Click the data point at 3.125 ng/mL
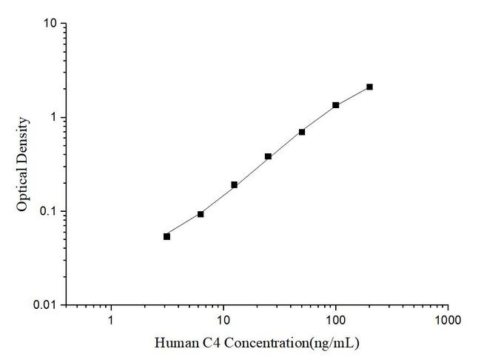pyautogui.click(x=166, y=236)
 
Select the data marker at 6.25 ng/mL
pyautogui.click(x=201, y=214)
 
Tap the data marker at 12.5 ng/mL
pyautogui.click(x=234, y=184)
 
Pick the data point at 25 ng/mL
pyautogui.click(x=268, y=156)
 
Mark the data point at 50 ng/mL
pyautogui.click(x=302, y=132)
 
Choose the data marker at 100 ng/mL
pyautogui.click(x=336, y=105)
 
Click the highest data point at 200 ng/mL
pyautogui.click(x=369, y=87)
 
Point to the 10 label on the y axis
pyautogui.click(x=50, y=24)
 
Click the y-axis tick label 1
pyautogui.click(x=54, y=118)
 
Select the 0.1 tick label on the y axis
pyautogui.click(x=48, y=212)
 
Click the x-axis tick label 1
pyautogui.click(x=111, y=321)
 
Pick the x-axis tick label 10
pyautogui.click(x=223, y=321)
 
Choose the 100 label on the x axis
pyautogui.click(x=335, y=321)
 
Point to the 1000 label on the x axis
pyautogui.click(x=447, y=321)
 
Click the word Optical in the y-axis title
pyautogui.click(x=23, y=189)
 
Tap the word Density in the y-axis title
pyautogui.click(x=23, y=140)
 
